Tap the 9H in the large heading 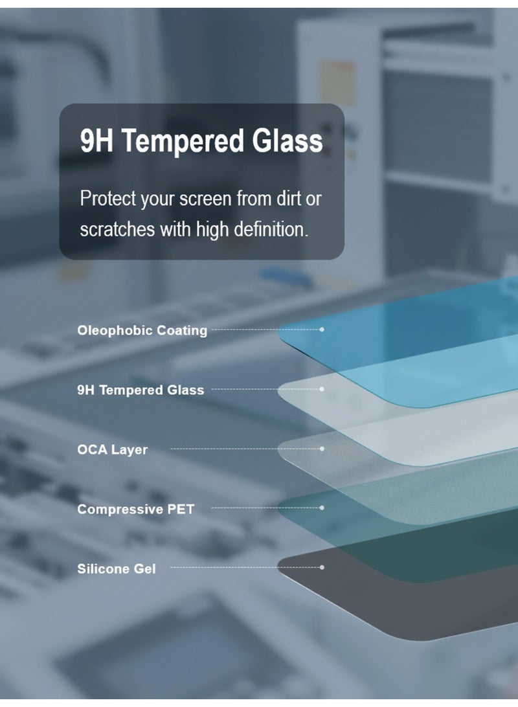pos(96,140)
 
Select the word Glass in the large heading pos(287,140)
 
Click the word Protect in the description pos(108,199)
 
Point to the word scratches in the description pos(117,229)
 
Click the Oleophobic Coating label pos(142,330)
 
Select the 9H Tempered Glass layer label pos(141,390)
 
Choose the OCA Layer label pos(112,449)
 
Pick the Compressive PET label pos(136,509)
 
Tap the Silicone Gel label pos(117,568)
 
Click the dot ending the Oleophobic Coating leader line pos(322,330)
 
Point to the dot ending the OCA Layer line pos(322,449)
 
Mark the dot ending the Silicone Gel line pos(322,567)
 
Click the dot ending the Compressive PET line pos(322,508)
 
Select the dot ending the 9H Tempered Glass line pos(322,389)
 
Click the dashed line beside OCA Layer pos(245,449)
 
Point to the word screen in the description pos(205,199)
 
